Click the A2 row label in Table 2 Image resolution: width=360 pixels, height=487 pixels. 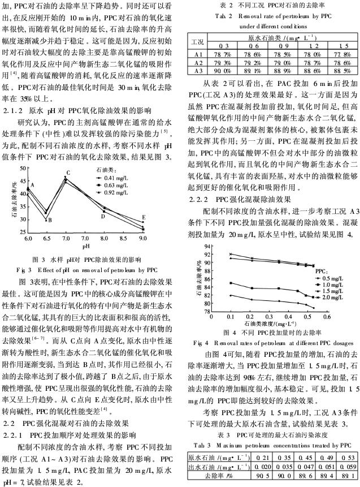[197, 62]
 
